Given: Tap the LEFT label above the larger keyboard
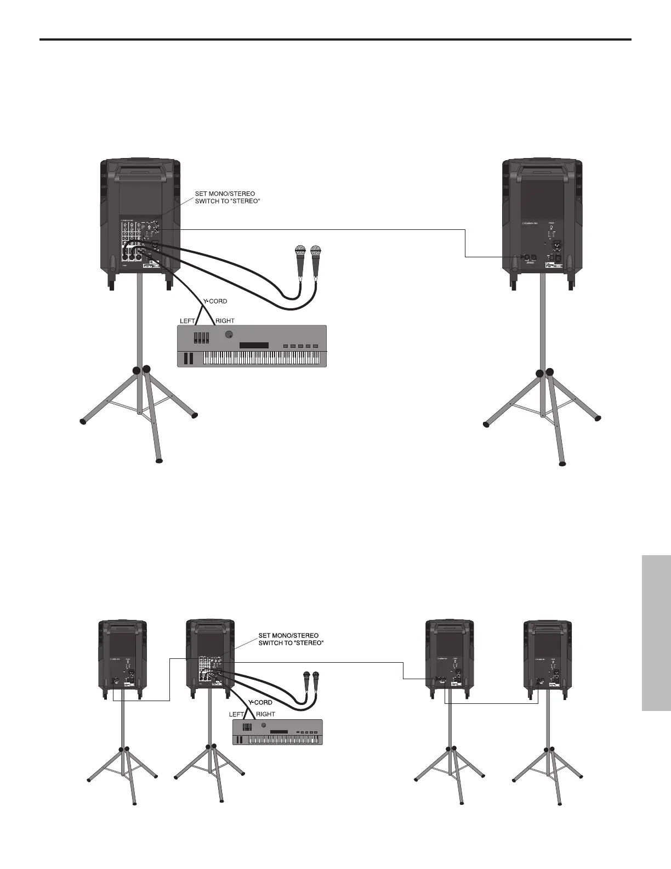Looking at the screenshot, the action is [187, 320].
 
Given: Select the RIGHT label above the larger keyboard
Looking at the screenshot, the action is [225, 320].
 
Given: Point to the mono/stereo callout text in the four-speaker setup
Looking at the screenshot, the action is [291, 639].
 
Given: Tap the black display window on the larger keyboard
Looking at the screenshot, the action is [254, 345].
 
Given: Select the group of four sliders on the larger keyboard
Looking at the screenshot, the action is [202, 336].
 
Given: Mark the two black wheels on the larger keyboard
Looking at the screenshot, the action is [189, 358].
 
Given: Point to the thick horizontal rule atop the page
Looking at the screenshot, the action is [336, 39].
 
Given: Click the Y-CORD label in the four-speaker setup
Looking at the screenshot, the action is [260, 702].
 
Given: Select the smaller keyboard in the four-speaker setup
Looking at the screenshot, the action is [277, 732].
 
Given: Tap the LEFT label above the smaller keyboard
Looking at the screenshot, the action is [236, 714].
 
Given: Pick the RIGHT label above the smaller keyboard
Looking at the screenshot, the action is [265, 714].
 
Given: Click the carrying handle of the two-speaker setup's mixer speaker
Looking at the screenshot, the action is [141, 170].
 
